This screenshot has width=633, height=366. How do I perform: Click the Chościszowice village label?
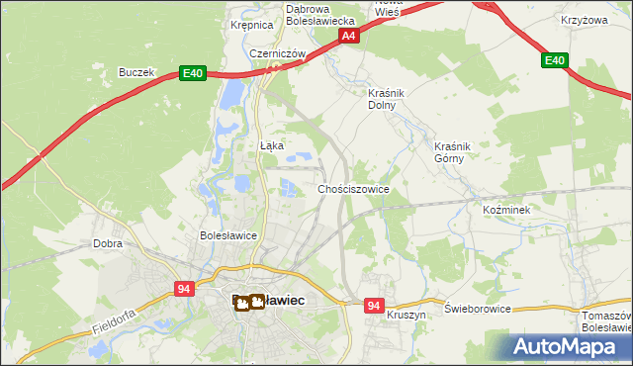click(x=353, y=188)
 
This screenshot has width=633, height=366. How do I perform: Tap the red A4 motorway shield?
click(x=347, y=36)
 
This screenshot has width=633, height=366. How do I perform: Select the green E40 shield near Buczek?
click(x=193, y=73)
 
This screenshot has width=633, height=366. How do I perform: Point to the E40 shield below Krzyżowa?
click(x=555, y=61)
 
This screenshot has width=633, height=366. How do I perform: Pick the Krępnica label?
click(x=251, y=25)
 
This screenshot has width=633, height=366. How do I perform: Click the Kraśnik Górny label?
click(x=455, y=151)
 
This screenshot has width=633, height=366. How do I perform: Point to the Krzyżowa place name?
click(x=583, y=20)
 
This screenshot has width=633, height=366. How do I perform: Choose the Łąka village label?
click(x=272, y=145)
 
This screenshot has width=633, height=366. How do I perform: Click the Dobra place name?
click(x=107, y=242)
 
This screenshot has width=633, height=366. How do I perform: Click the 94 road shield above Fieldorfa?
click(x=184, y=288)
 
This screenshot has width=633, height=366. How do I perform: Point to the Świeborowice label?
click(x=478, y=309)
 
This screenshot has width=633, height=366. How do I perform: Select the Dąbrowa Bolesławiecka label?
click(x=319, y=14)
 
